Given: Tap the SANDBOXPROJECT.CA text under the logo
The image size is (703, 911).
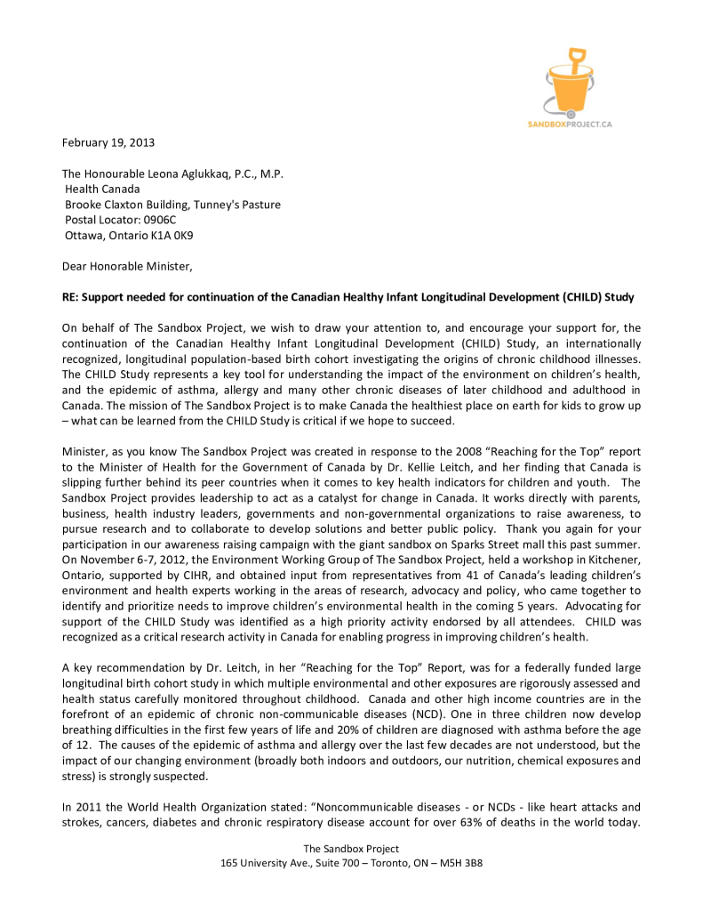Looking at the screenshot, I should pyautogui.click(x=569, y=125).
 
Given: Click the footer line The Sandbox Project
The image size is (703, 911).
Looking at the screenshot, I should pyautogui.click(x=351, y=849).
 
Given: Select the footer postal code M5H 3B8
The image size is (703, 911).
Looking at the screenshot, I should pyautogui.click(x=461, y=863).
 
